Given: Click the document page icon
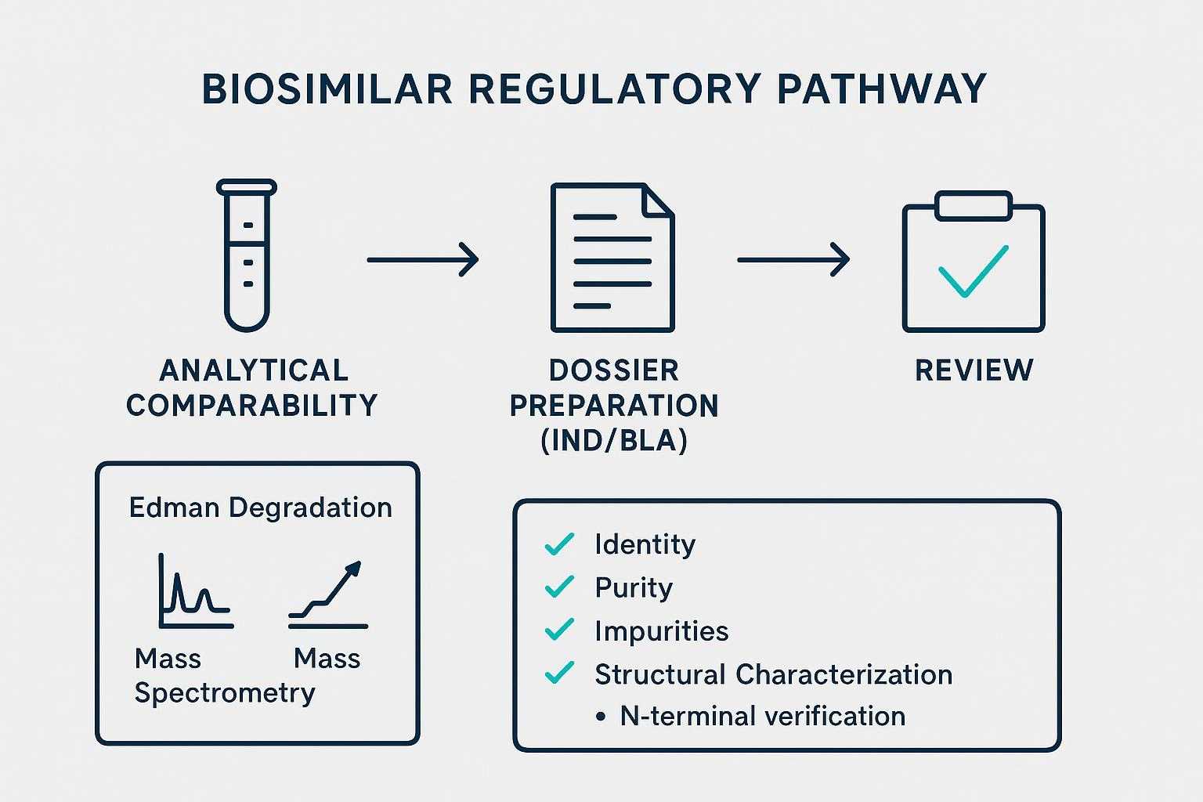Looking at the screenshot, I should pos(612,258).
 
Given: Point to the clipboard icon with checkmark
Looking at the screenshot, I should pos(974,262).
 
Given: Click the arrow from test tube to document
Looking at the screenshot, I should pos(422,259).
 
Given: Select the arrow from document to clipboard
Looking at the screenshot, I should pos(793,259).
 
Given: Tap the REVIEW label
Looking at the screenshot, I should pos(974,370).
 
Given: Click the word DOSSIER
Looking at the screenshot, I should pos(614,370).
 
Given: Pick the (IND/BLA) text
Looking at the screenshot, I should pos(614,441).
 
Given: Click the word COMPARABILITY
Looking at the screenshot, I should pos(252,406).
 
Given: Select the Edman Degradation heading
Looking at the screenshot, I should pos(260,508).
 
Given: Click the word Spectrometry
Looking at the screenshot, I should pos(225,692).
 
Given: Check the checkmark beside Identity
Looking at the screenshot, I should pos(558,544).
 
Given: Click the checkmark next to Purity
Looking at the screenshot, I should pos(558,587).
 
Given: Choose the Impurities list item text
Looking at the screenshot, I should pos(661,630).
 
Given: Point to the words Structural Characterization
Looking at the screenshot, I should pos(773,674).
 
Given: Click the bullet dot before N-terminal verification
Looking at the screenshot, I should pos(601,717).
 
